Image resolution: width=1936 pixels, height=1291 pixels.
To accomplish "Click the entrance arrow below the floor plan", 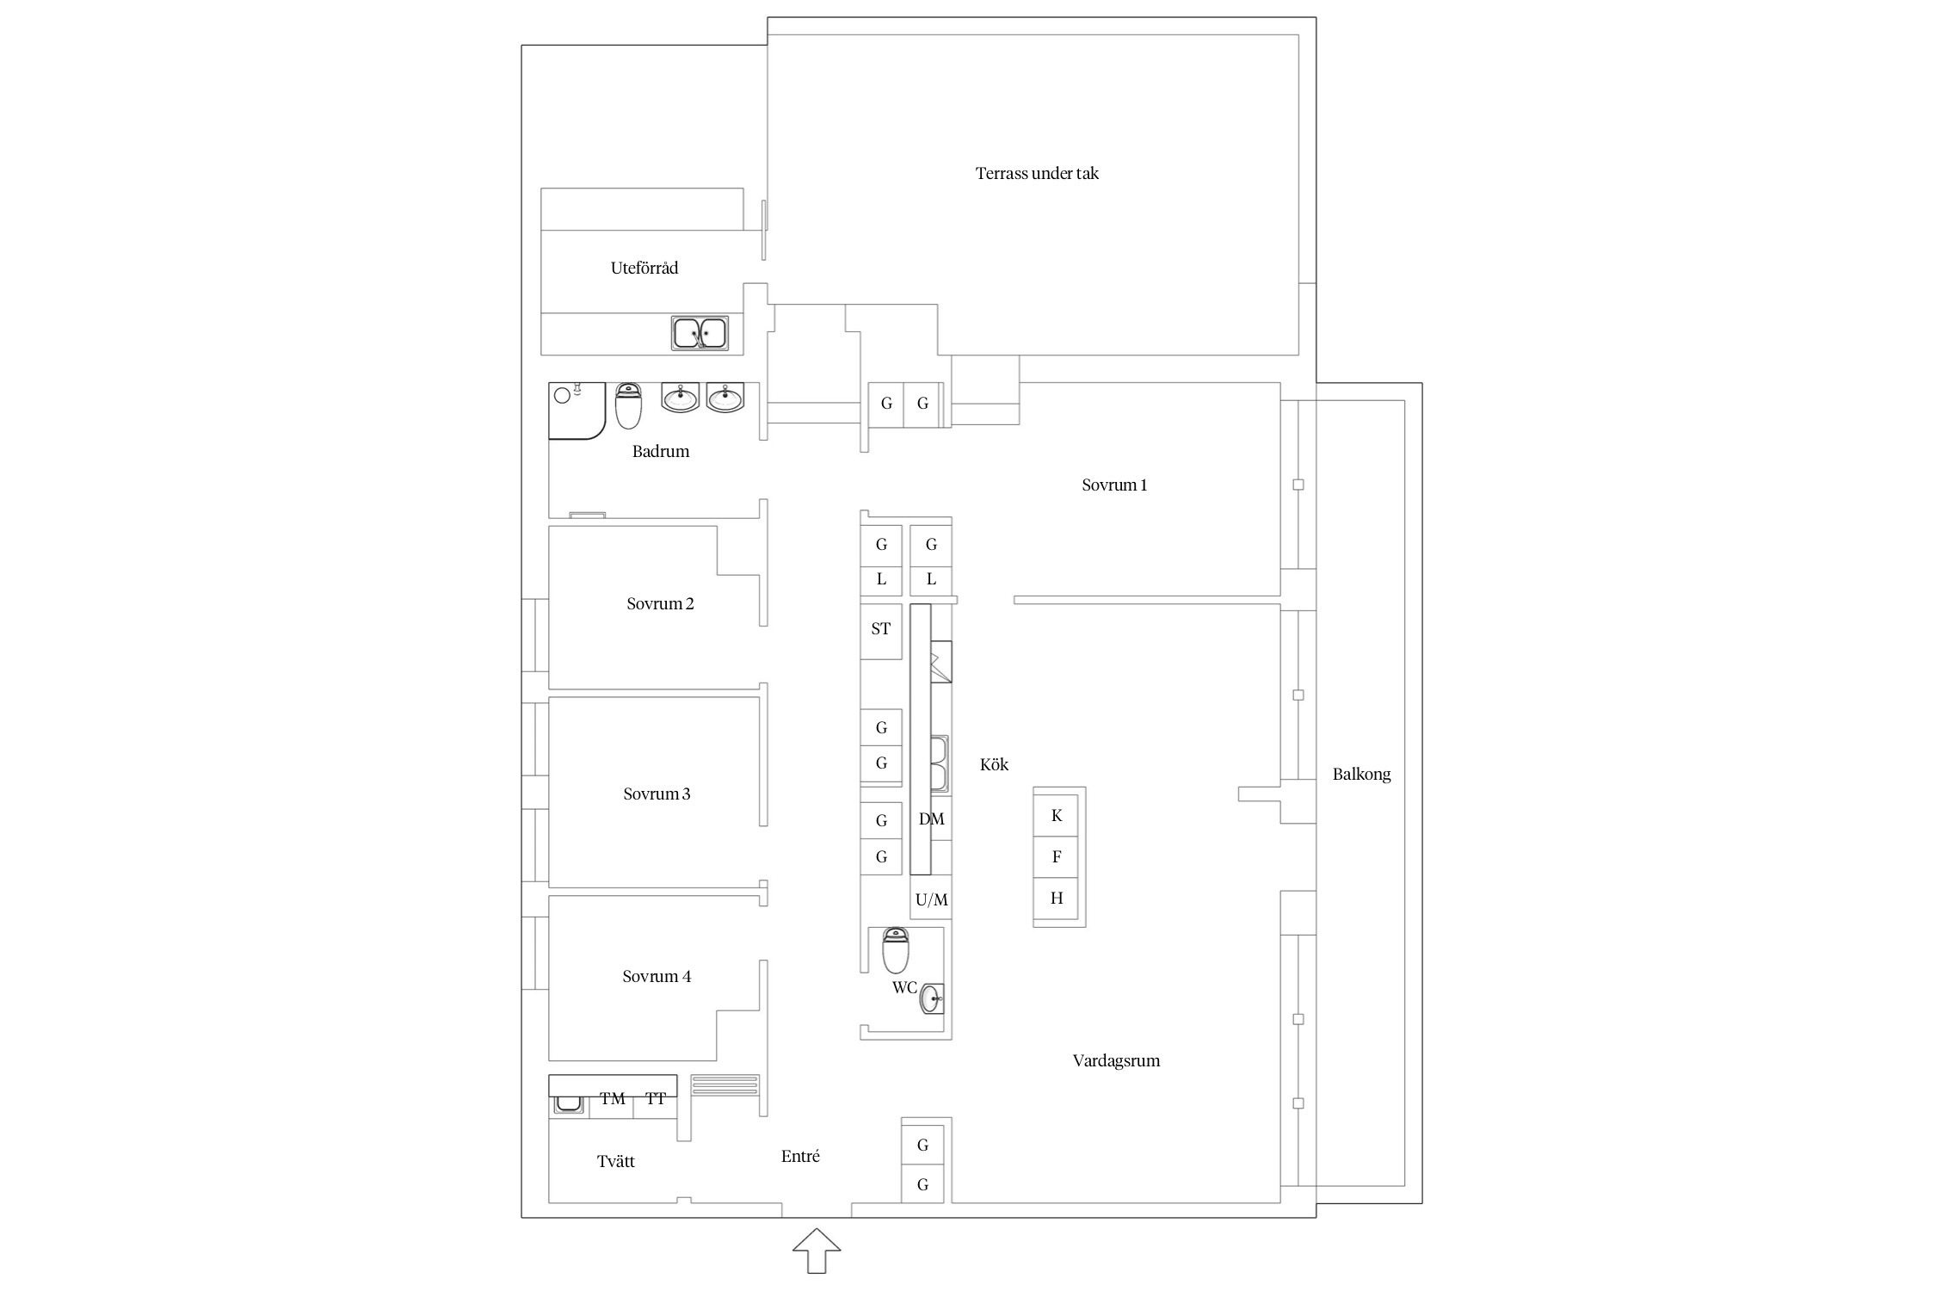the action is (x=817, y=1251).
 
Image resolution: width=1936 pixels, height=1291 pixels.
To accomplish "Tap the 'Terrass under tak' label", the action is (x=1037, y=173).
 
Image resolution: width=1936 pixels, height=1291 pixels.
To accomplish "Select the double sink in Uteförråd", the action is (x=700, y=333).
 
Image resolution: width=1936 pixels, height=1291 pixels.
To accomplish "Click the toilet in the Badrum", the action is (x=629, y=406).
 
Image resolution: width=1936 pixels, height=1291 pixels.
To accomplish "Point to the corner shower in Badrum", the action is (x=577, y=411).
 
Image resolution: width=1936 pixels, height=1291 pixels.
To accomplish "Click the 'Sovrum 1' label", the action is (x=1114, y=485).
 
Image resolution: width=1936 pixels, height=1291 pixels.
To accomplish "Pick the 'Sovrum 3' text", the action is (x=657, y=794).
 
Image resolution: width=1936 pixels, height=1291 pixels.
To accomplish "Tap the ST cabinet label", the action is (x=880, y=629).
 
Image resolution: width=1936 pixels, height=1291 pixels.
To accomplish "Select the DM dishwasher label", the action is (x=932, y=818).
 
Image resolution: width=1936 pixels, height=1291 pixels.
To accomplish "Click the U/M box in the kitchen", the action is (x=931, y=900).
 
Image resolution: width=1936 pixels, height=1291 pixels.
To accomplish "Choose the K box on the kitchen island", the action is (x=1057, y=815).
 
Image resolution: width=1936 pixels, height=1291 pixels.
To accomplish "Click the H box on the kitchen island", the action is (x=1057, y=899).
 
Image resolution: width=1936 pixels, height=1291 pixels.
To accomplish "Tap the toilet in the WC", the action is (x=896, y=950).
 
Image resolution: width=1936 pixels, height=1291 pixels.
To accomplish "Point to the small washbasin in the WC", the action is (x=932, y=999).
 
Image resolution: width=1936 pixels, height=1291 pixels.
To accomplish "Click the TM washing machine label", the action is (x=613, y=1098).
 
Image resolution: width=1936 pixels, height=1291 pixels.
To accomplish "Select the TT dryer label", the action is (x=656, y=1098).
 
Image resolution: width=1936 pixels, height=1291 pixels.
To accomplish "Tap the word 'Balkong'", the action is (x=1361, y=775).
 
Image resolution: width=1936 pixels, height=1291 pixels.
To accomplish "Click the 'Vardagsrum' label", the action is (x=1116, y=1061).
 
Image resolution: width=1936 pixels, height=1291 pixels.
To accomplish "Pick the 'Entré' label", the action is (x=800, y=1157).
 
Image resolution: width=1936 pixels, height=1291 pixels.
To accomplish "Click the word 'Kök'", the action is (x=994, y=764).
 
